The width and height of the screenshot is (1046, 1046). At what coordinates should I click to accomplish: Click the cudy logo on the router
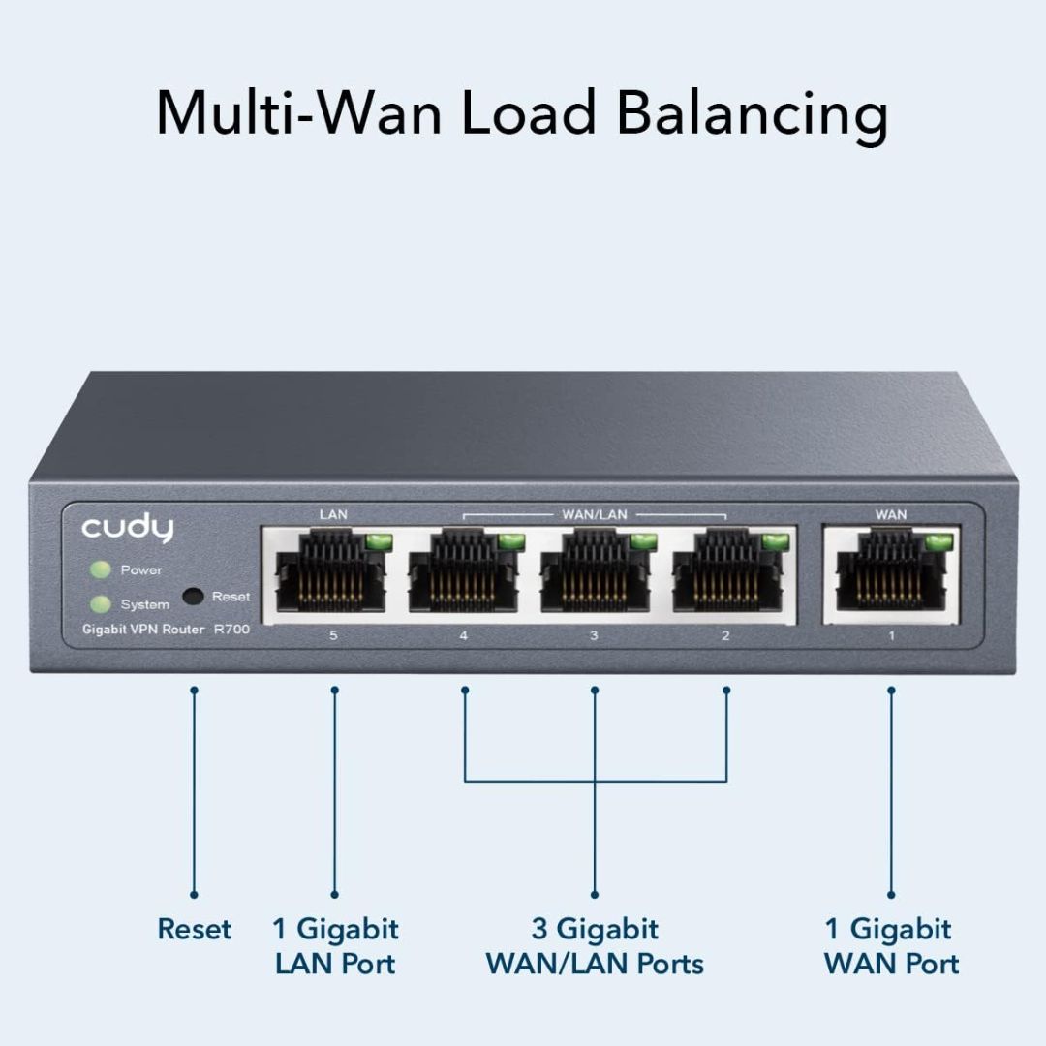click(127, 528)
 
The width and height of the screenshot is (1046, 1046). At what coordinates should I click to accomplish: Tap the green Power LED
click(99, 569)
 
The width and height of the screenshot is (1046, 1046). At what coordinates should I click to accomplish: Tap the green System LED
click(99, 604)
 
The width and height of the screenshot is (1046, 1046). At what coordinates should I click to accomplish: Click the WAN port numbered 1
click(890, 577)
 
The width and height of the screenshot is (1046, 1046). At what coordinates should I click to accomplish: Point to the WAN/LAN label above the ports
click(595, 514)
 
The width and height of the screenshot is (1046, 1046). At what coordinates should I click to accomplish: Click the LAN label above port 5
click(332, 514)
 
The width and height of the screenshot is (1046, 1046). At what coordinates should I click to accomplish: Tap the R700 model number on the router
click(231, 630)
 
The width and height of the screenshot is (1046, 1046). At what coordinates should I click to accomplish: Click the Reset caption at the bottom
click(195, 930)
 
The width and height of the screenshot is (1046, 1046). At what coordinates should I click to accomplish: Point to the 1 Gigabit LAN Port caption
click(335, 946)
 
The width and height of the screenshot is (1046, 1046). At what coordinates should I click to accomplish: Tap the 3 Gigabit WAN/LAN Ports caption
click(595, 946)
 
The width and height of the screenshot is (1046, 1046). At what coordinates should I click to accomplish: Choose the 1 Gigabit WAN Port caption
click(891, 946)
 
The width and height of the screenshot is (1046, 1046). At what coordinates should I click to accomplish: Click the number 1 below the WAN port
click(891, 636)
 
